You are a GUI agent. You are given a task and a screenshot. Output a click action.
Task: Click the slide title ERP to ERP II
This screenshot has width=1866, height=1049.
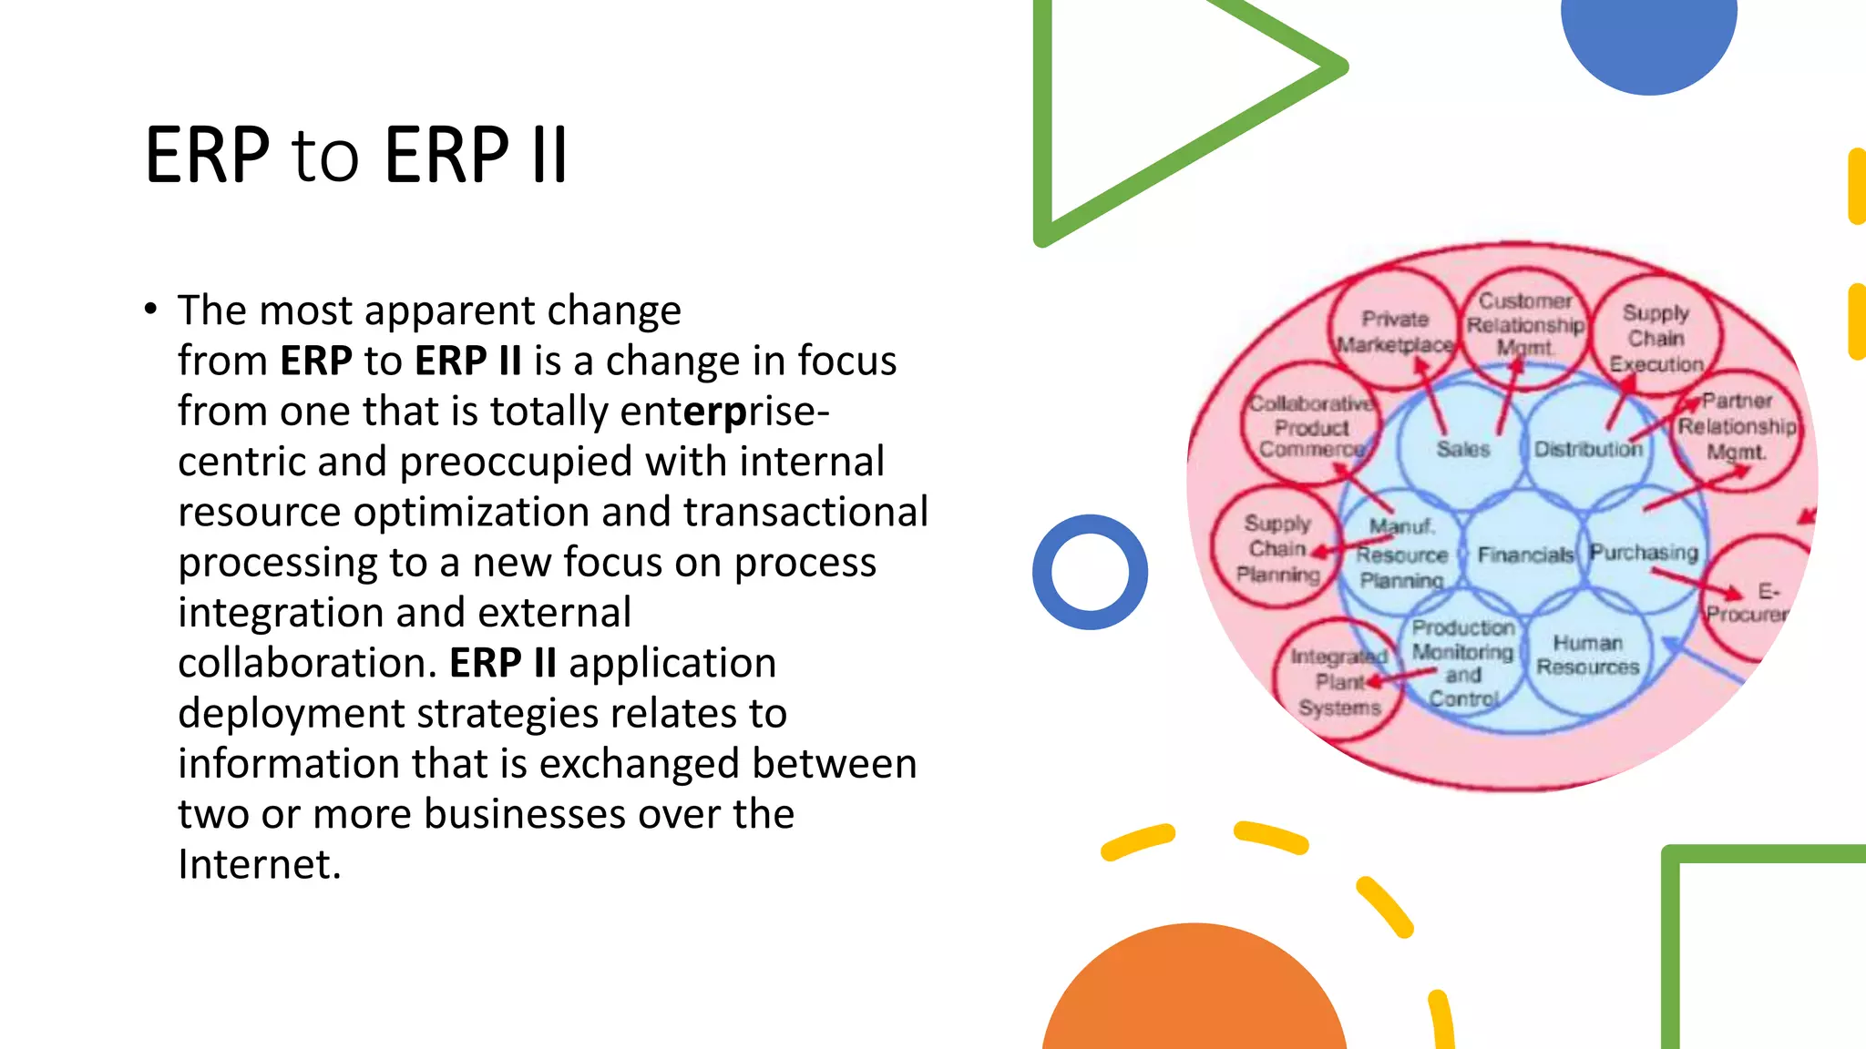pyautogui.click(x=356, y=155)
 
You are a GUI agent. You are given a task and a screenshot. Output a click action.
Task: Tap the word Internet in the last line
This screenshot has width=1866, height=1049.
pyautogui.click(x=258, y=864)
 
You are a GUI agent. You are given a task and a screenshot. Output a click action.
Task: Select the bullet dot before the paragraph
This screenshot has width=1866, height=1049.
pyautogui.click(x=150, y=310)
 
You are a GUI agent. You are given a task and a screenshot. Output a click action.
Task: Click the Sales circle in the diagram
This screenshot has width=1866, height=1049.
pyautogui.click(x=1461, y=449)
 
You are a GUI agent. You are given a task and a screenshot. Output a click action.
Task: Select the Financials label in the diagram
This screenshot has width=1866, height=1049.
pyautogui.click(x=1524, y=555)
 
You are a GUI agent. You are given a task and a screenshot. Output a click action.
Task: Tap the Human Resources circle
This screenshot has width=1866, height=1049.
pyautogui.click(x=1587, y=656)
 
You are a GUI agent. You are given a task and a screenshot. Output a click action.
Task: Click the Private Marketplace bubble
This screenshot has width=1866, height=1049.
pyautogui.click(x=1394, y=331)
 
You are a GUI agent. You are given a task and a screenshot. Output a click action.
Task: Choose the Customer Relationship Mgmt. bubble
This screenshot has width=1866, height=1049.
pyautogui.click(x=1525, y=323)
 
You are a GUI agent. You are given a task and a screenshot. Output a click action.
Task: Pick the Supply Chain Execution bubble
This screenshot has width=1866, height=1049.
pyautogui.click(x=1656, y=338)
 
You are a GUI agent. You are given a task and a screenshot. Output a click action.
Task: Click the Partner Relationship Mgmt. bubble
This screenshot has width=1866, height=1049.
pyautogui.click(x=1737, y=426)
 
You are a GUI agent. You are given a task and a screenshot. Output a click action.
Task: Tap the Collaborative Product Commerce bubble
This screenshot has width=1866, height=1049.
pyautogui.click(x=1310, y=426)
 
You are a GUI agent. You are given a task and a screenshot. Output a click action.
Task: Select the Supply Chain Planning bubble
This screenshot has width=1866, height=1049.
pyautogui.click(x=1276, y=548)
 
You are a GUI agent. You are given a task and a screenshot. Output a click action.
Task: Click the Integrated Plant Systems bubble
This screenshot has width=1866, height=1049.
pyautogui.click(x=1338, y=682)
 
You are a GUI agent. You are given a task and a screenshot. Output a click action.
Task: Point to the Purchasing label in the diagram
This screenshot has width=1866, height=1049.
pyautogui.click(x=1644, y=553)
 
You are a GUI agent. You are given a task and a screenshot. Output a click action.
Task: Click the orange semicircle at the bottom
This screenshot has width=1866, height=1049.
pyautogui.click(x=1194, y=997)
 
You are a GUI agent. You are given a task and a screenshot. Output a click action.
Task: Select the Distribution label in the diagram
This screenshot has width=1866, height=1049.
pyautogui.click(x=1587, y=449)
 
